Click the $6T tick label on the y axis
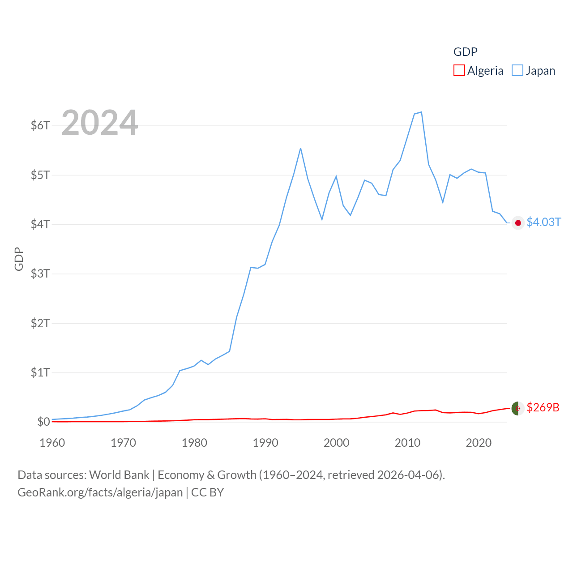40,125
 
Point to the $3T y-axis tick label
40,274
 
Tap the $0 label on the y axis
43,422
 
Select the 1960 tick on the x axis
52,443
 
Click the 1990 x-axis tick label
265,443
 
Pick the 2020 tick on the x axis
479,443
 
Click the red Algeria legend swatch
459,71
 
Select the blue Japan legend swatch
517,71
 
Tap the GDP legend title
466,52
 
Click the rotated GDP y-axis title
19,259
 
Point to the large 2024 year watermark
99,123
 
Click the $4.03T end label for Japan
543,222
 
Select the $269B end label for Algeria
543,407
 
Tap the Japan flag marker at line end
518,223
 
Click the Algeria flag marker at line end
518,408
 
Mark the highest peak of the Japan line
421,112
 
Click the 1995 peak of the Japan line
300,148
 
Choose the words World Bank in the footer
120,475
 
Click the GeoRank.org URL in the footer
100,492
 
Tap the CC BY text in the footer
207,492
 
